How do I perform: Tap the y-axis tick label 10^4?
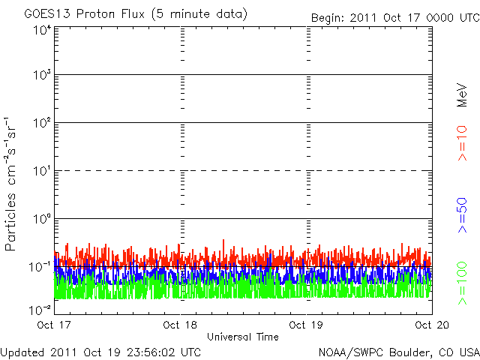(x=42, y=31)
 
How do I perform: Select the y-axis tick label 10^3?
(x=42, y=76)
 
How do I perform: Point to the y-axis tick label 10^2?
(x=42, y=124)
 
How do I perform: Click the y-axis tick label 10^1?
(x=42, y=172)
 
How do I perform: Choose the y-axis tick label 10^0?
(x=42, y=220)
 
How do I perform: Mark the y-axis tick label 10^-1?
(x=40, y=267)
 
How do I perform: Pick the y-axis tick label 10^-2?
(x=40, y=309)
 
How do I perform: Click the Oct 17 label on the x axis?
(x=55, y=325)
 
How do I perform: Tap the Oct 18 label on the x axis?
(x=180, y=325)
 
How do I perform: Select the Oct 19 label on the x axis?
(x=305, y=325)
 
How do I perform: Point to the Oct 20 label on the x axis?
(x=430, y=325)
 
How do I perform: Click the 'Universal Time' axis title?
(x=242, y=337)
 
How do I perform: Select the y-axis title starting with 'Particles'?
(x=13, y=184)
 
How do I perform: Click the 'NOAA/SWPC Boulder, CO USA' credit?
(x=398, y=352)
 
